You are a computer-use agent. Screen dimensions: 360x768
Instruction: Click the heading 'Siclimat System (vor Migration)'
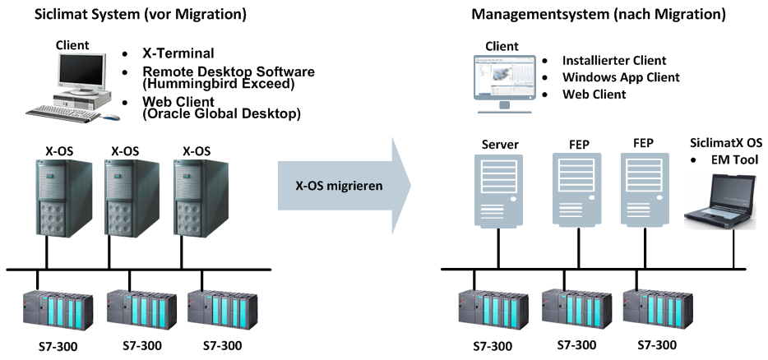[128, 14]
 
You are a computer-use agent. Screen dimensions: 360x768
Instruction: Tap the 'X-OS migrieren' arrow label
[339, 186]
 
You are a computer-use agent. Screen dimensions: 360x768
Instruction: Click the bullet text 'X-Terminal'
[178, 54]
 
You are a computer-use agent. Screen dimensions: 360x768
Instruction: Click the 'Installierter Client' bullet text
[613, 61]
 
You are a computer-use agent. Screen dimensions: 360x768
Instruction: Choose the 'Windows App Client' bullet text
[620, 77]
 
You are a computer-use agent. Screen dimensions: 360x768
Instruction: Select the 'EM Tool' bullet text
[734, 159]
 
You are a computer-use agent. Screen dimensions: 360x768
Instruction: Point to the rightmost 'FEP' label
[644, 144]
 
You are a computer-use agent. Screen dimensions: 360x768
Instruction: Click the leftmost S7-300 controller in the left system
[58, 309]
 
